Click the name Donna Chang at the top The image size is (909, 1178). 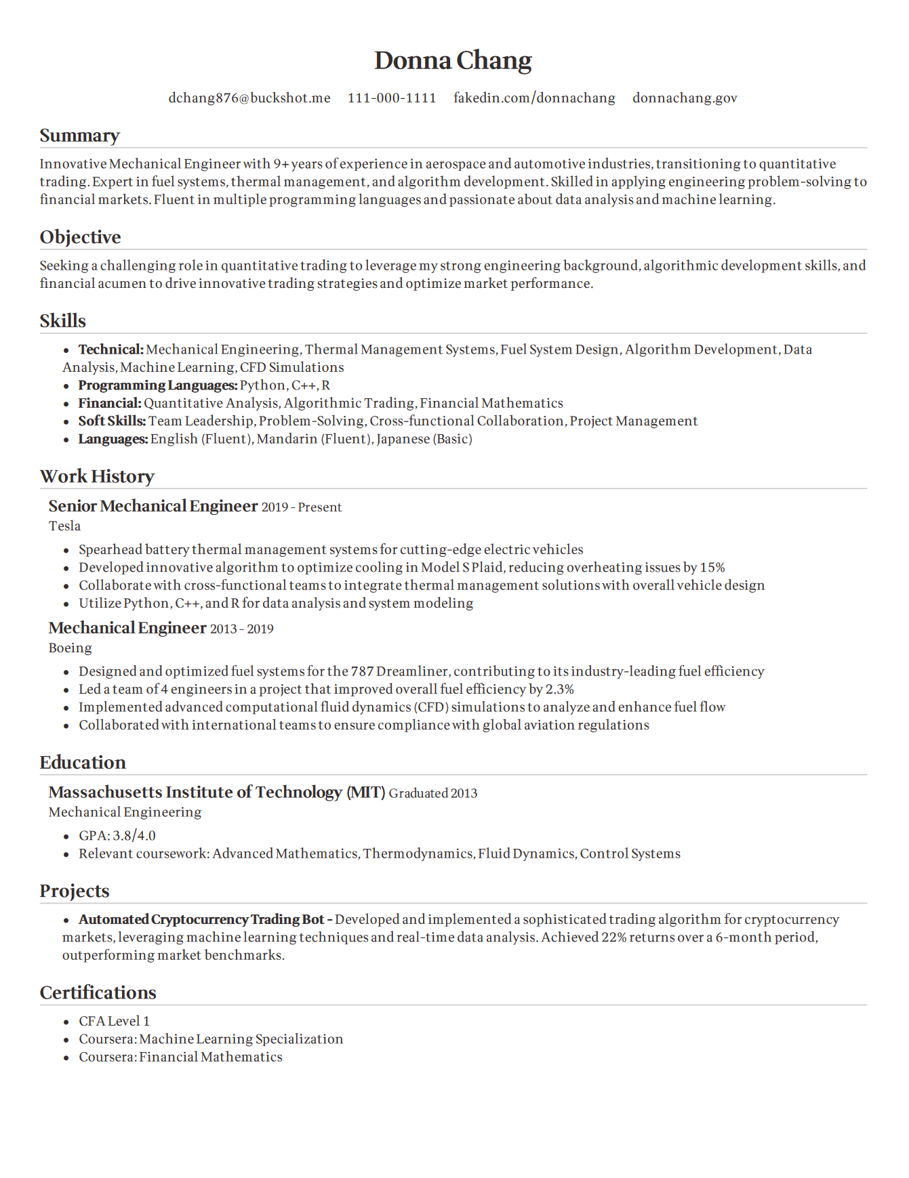453,60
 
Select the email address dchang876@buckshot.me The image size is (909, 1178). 249,98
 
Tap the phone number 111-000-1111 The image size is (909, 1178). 392,98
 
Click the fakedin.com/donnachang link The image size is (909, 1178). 534,98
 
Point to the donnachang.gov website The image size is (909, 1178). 685,98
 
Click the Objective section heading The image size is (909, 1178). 80,237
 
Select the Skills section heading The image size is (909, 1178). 63,321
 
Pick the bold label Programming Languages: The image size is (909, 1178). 158,385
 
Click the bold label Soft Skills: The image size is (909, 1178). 112,421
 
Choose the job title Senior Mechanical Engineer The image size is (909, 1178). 153,506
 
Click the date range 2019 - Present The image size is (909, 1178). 302,507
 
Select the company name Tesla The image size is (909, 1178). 64,526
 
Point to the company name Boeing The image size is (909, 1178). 70,648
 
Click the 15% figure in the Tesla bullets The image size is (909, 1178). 712,568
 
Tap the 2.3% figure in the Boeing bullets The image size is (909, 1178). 560,690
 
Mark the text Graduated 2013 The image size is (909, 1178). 433,793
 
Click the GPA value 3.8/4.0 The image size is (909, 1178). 134,836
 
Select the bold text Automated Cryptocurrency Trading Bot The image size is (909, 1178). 202,920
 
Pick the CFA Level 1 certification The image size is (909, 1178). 114,1022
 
